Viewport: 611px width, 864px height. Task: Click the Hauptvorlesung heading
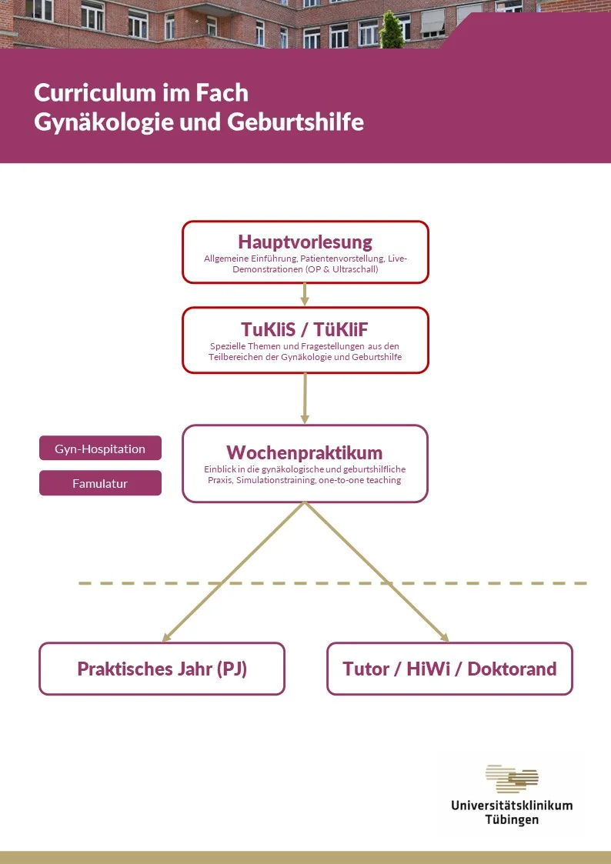pyautogui.click(x=305, y=242)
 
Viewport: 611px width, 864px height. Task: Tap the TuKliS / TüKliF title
pyautogui.click(x=305, y=329)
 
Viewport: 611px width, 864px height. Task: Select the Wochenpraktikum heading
pyautogui.click(x=305, y=452)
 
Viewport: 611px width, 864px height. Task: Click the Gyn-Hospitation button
pyautogui.click(x=100, y=448)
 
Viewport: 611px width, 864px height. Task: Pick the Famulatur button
pyautogui.click(x=100, y=483)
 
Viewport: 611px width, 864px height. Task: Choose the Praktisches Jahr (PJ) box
pyautogui.click(x=162, y=669)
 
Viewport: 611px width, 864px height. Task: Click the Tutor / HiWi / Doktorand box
pyautogui.click(x=449, y=669)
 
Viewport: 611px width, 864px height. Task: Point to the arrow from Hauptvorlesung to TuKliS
pyautogui.click(x=305, y=295)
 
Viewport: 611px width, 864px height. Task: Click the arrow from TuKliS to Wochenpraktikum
pyautogui.click(x=305, y=399)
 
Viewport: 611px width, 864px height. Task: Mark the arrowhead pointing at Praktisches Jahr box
pyautogui.click(x=166, y=637)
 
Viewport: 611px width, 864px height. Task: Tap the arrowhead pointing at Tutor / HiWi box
pyautogui.click(x=444, y=637)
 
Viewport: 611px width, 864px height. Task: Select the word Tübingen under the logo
pyautogui.click(x=512, y=819)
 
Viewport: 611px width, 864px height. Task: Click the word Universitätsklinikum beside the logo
pyautogui.click(x=512, y=805)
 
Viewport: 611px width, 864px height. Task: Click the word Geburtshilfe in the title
pyautogui.click(x=295, y=122)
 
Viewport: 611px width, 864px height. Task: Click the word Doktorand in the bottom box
pyautogui.click(x=512, y=669)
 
